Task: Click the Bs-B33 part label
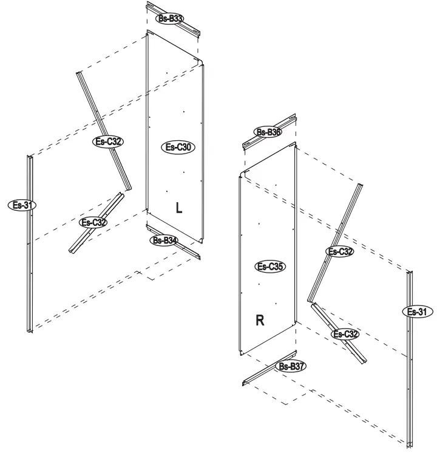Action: pyautogui.click(x=171, y=19)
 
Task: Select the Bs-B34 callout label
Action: pyautogui.click(x=164, y=240)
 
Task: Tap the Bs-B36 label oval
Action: pyautogui.click(x=268, y=132)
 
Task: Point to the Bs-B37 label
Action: pyautogui.click(x=291, y=366)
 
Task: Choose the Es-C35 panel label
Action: pyautogui.click(x=271, y=266)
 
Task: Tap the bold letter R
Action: pyautogui.click(x=260, y=321)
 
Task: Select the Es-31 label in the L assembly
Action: pyautogui.click(x=22, y=205)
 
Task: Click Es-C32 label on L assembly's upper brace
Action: pyautogui.click(x=109, y=141)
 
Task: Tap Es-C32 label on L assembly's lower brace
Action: pyautogui.click(x=94, y=222)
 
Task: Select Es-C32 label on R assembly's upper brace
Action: pyautogui.click(x=340, y=251)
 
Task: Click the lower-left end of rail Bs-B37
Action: pyautogui.click(x=245, y=383)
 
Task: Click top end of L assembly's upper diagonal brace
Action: pyautogui.click(x=78, y=72)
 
